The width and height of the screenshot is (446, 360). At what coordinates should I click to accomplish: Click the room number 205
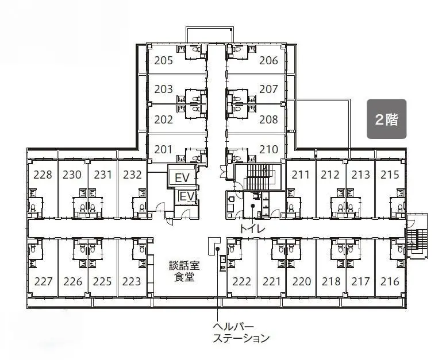point(164,60)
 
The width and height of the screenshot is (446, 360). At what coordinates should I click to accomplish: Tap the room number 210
point(268,149)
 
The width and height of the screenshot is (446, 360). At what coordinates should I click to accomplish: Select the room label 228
point(43,175)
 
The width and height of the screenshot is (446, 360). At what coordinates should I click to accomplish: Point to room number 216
point(390,281)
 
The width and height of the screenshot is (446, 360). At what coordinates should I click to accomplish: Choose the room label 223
point(132,281)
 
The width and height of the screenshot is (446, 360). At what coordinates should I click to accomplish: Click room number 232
point(132,175)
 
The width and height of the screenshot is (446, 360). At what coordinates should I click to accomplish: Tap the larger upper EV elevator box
point(182,178)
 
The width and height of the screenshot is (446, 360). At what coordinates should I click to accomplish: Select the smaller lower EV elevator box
point(187,196)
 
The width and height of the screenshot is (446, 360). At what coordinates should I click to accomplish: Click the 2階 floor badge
point(387,119)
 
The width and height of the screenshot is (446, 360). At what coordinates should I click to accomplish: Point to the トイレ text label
point(252,229)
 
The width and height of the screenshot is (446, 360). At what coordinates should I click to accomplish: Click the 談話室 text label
point(184,266)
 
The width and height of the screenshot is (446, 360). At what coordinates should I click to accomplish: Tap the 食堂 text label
point(184,277)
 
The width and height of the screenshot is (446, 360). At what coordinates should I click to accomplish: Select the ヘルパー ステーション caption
point(241,332)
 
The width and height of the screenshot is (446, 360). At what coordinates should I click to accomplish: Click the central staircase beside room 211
point(258,177)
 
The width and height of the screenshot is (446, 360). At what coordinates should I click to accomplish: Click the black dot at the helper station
point(217,249)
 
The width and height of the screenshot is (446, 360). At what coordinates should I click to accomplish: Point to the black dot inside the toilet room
point(252,206)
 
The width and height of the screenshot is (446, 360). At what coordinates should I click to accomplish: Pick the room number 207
point(268,89)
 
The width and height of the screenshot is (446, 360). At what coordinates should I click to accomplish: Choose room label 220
point(302,281)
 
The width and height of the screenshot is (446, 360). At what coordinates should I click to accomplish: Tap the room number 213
point(360,175)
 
